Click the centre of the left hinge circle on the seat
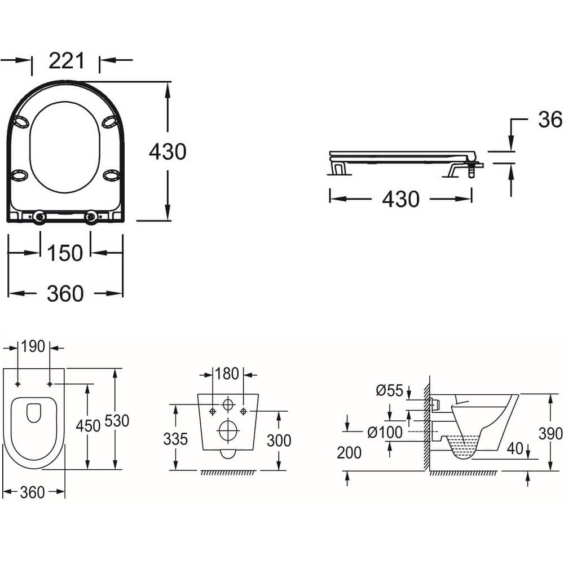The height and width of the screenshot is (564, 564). (39, 217)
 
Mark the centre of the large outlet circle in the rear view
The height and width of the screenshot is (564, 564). (228, 430)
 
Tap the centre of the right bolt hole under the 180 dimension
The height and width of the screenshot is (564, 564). (244, 411)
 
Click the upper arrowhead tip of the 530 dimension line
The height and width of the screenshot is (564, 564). (115, 369)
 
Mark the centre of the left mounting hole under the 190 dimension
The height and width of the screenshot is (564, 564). (17, 384)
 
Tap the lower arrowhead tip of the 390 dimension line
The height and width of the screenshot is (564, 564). (550, 470)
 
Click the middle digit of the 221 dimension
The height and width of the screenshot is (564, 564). (67, 60)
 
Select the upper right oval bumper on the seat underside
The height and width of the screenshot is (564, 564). (110, 122)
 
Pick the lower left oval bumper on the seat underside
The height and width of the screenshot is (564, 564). (19, 175)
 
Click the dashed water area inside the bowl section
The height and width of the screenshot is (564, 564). (463, 446)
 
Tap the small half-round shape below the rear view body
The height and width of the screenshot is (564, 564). (228, 454)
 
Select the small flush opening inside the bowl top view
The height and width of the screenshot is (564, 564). (34, 413)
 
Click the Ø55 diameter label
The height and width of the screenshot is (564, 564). (390, 390)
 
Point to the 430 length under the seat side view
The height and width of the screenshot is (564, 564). (400, 199)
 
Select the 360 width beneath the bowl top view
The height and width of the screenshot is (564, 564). (32, 492)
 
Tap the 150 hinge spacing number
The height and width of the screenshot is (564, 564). (65, 253)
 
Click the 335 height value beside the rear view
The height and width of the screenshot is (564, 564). (175, 439)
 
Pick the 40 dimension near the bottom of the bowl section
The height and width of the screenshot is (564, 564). (515, 448)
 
